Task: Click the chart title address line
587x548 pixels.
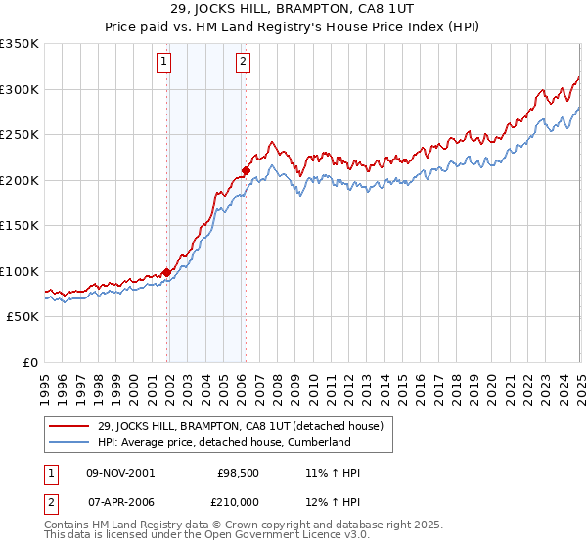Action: click(293, 11)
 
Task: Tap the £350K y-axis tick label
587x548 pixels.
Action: click(20, 44)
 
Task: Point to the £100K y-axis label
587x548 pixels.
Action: click(20, 271)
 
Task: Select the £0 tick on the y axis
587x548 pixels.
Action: click(30, 362)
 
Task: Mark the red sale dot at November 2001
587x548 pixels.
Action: click(167, 272)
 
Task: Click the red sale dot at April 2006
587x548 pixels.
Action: click(246, 171)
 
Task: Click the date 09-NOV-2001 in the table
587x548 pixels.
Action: click(120, 473)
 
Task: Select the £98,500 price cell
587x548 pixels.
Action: click(235, 473)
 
